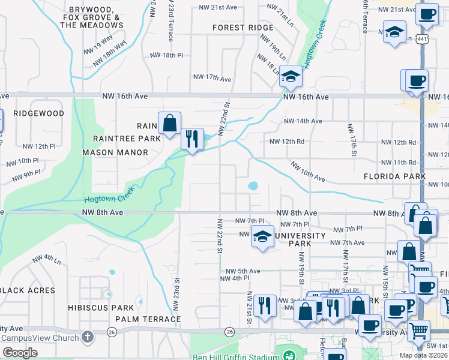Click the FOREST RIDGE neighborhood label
point(243,28)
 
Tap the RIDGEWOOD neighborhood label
point(38,113)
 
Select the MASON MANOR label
point(115,152)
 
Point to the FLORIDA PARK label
point(394,177)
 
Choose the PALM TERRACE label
point(148,319)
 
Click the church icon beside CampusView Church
point(88,336)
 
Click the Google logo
point(20,353)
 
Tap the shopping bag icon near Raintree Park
point(169,123)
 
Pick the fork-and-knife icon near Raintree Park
point(192,139)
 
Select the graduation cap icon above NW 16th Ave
point(291,76)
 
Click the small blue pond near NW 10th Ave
point(253,186)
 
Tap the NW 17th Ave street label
point(212,78)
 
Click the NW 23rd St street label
point(177,294)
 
